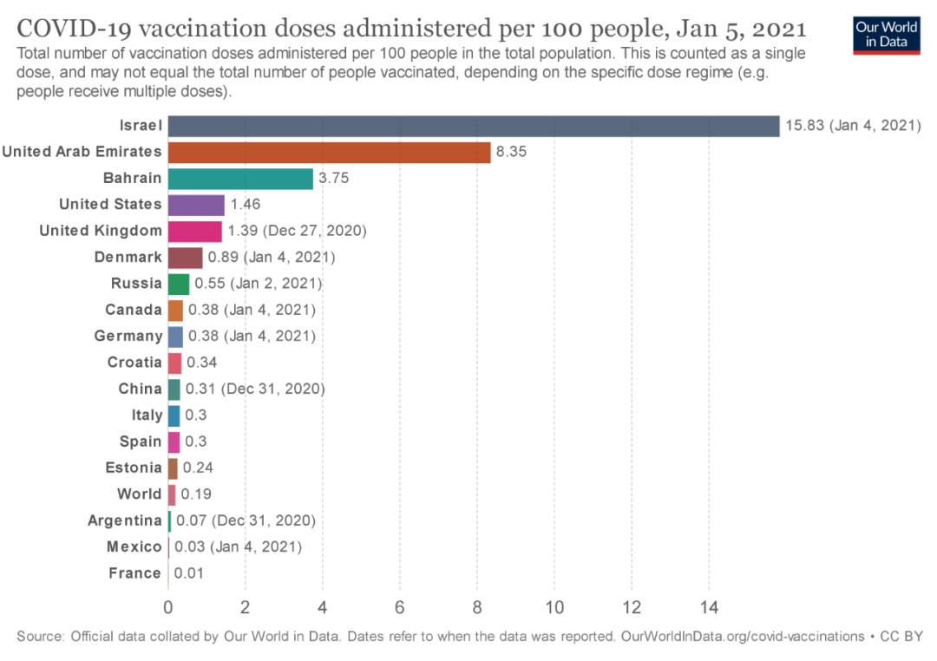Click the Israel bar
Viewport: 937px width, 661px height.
[474, 126]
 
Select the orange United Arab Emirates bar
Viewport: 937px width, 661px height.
[329, 152]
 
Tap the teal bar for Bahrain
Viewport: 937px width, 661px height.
[240, 179]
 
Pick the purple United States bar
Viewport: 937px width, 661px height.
[196, 205]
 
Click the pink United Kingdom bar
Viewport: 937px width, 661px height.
[194, 231]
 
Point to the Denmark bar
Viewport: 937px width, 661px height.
[185, 258]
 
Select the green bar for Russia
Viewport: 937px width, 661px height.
[179, 284]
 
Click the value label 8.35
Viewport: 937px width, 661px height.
[512, 152]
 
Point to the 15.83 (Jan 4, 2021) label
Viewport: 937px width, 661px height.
[853, 126]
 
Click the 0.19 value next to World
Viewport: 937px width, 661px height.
[196, 494]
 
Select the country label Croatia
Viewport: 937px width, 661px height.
[134, 363]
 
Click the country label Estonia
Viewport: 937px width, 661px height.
[134, 468]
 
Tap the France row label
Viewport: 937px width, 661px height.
[135, 573]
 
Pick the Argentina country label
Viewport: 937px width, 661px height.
[125, 520]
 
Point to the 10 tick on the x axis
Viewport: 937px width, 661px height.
[554, 606]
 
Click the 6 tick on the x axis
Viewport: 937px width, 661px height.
[400, 606]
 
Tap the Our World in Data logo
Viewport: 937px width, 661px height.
[886, 35]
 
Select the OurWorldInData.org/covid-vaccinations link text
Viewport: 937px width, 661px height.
[742, 637]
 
